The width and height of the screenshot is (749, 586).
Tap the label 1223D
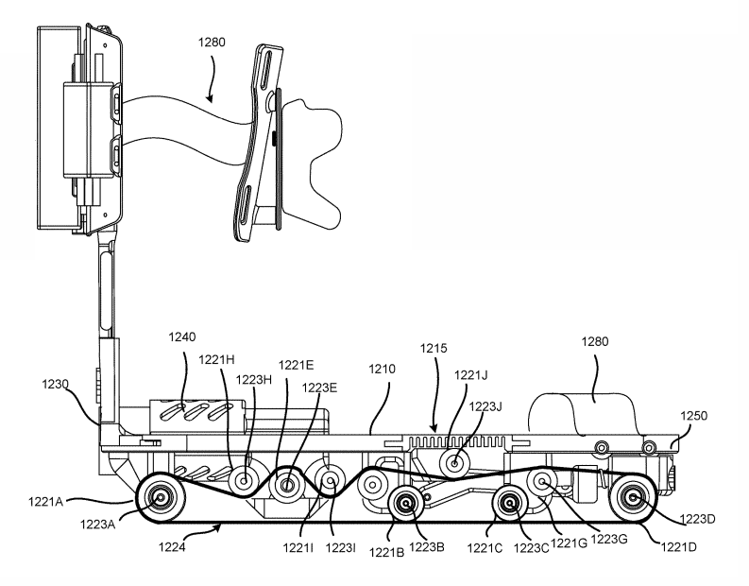(697, 519)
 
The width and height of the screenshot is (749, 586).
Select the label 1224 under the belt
(172, 547)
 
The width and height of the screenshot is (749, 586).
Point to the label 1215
(434, 349)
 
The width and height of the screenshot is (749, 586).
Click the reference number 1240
(182, 337)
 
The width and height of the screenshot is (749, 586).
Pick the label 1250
(693, 416)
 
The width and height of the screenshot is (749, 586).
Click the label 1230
(55, 384)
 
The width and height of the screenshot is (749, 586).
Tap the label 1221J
(470, 375)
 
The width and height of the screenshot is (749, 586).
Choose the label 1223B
(427, 547)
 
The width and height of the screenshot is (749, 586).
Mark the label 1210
(382, 369)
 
